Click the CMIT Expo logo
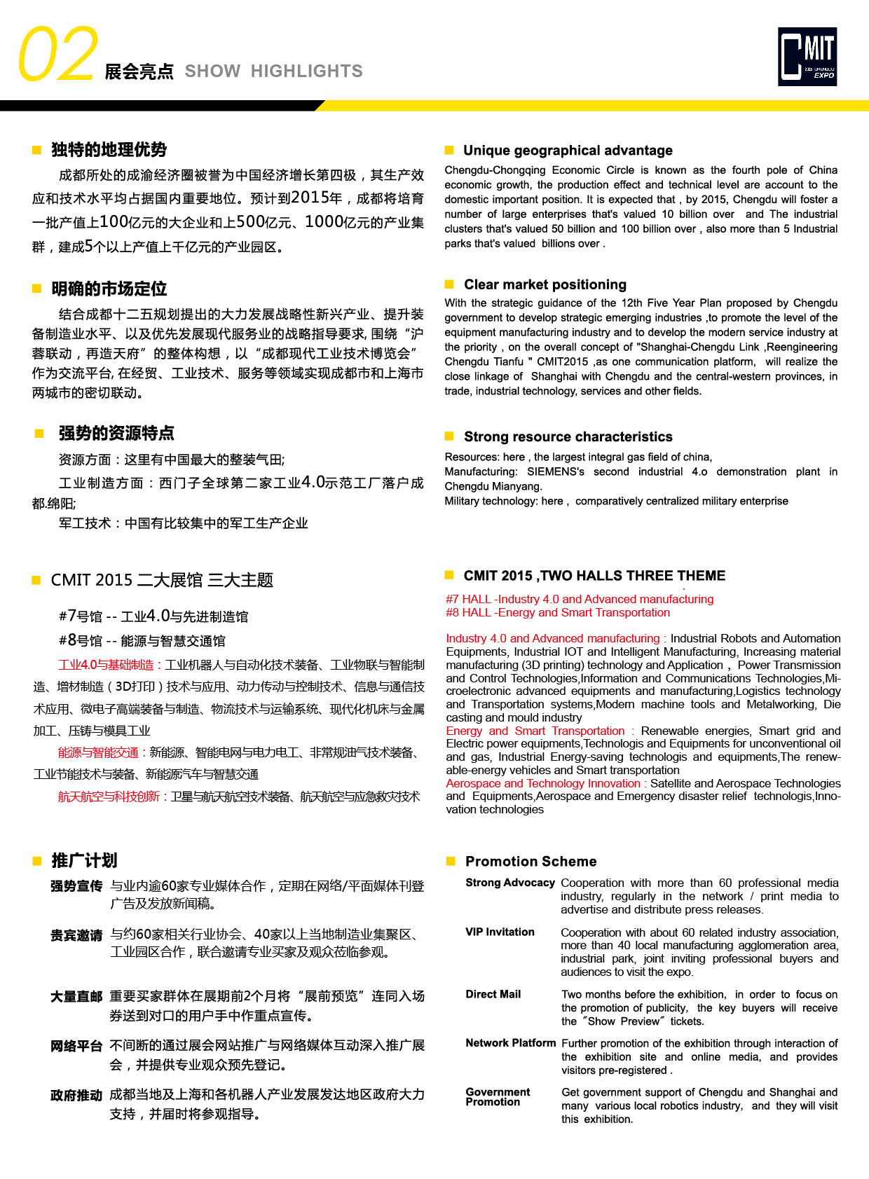pos(807,57)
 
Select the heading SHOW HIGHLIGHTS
pos(273,71)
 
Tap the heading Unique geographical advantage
pos(568,151)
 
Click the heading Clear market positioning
pos(545,284)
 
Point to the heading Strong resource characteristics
pos(568,437)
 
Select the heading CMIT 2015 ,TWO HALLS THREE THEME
pos(594,576)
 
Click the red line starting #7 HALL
pos(580,599)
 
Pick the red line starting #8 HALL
pos(558,612)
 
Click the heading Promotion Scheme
pos(531,862)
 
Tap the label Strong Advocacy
pos(509,883)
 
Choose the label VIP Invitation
pos(500,932)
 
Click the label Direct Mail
pos(493,994)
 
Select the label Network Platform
pos(510,1043)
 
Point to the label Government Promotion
pos(498,1097)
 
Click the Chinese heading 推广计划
pos(84,861)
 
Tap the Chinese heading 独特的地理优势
pos(109,150)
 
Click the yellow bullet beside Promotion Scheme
pos(451,861)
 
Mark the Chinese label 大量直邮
pos(76,997)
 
